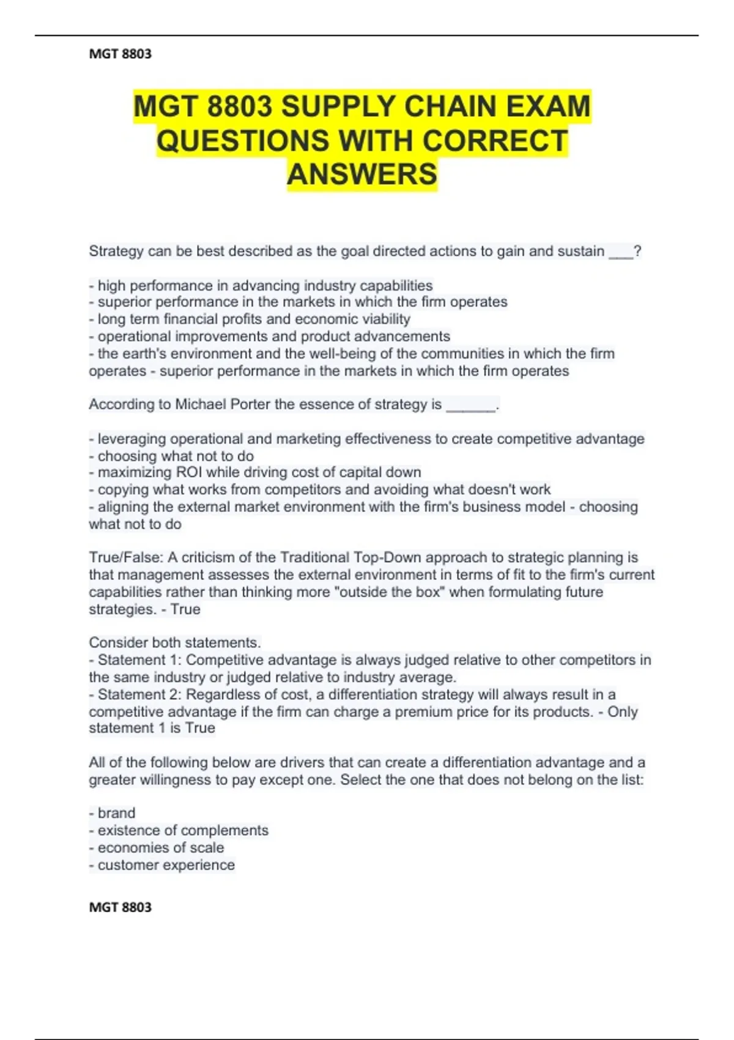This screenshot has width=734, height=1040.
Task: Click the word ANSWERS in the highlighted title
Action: (362, 174)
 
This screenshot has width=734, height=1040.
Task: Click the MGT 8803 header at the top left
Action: (120, 54)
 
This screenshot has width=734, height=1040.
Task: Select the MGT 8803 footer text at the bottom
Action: (120, 907)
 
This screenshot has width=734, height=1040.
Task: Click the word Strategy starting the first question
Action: (116, 251)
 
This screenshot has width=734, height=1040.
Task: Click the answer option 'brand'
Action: (116, 813)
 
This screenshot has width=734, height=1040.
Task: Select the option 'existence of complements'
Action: (182, 830)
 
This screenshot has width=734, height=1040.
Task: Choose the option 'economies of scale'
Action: (160, 848)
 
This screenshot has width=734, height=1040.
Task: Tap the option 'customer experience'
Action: (166, 865)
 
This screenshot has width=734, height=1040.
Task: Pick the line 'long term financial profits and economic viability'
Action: (253, 319)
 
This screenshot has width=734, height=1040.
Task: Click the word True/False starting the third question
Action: (126, 557)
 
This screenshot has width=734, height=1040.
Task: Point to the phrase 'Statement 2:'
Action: (140, 694)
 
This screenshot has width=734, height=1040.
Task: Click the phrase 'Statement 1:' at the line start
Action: (140, 660)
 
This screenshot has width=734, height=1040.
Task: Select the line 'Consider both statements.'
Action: (175, 642)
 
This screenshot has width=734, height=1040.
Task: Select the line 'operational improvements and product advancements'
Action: (273, 336)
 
